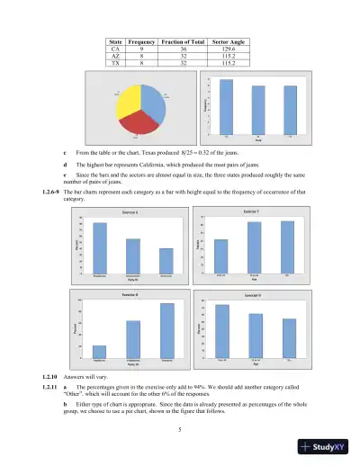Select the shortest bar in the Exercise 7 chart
point(221,255)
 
